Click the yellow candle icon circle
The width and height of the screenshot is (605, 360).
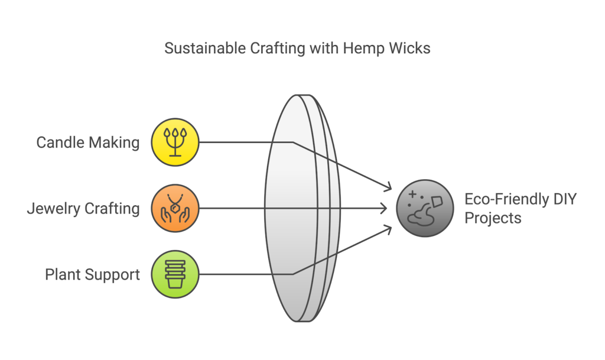pyautogui.click(x=175, y=142)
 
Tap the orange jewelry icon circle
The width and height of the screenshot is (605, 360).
pyautogui.click(x=175, y=208)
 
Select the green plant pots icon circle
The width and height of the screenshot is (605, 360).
pyautogui.click(x=175, y=274)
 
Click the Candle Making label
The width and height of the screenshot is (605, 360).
pyautogui.click(x=88, y=142)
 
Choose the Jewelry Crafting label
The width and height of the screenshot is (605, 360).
pyautogui.click(x=83, y=209)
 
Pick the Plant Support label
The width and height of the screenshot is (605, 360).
pyautogui.click(x=93, y=274)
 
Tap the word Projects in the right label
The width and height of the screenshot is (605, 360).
pyautogui.click(x=493, y=218)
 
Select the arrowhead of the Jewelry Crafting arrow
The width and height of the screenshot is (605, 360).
pyautogui.click(x=385, y=208)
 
